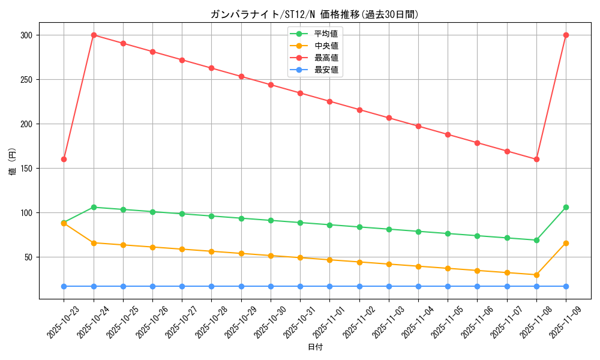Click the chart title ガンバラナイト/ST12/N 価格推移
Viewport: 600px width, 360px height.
coord(314,14)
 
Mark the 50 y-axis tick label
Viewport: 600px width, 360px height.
coord(28,257)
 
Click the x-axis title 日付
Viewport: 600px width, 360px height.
coord(315,347)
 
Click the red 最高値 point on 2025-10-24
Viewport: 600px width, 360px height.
coord(94,35)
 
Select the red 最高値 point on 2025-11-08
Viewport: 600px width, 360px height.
coord(536,160)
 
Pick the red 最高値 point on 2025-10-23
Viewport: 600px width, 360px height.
coord(64,160)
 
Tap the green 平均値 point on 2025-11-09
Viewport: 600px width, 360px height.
coord(566,208)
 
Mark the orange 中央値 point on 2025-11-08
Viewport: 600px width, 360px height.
coord(536,275)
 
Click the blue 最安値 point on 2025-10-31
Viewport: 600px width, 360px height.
coord(300,286)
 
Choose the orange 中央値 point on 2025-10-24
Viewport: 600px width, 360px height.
coord(94,243)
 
